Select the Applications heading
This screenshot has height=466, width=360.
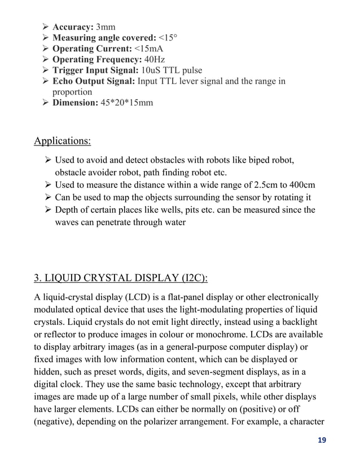[x=62, y=140]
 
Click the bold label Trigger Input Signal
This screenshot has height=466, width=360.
[x=94, y=70]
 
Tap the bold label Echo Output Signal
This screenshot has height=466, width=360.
[x=93, y=81]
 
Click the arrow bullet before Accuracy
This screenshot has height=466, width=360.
[x=46, y=27]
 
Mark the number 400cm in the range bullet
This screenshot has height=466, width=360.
[x=302, y=185]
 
